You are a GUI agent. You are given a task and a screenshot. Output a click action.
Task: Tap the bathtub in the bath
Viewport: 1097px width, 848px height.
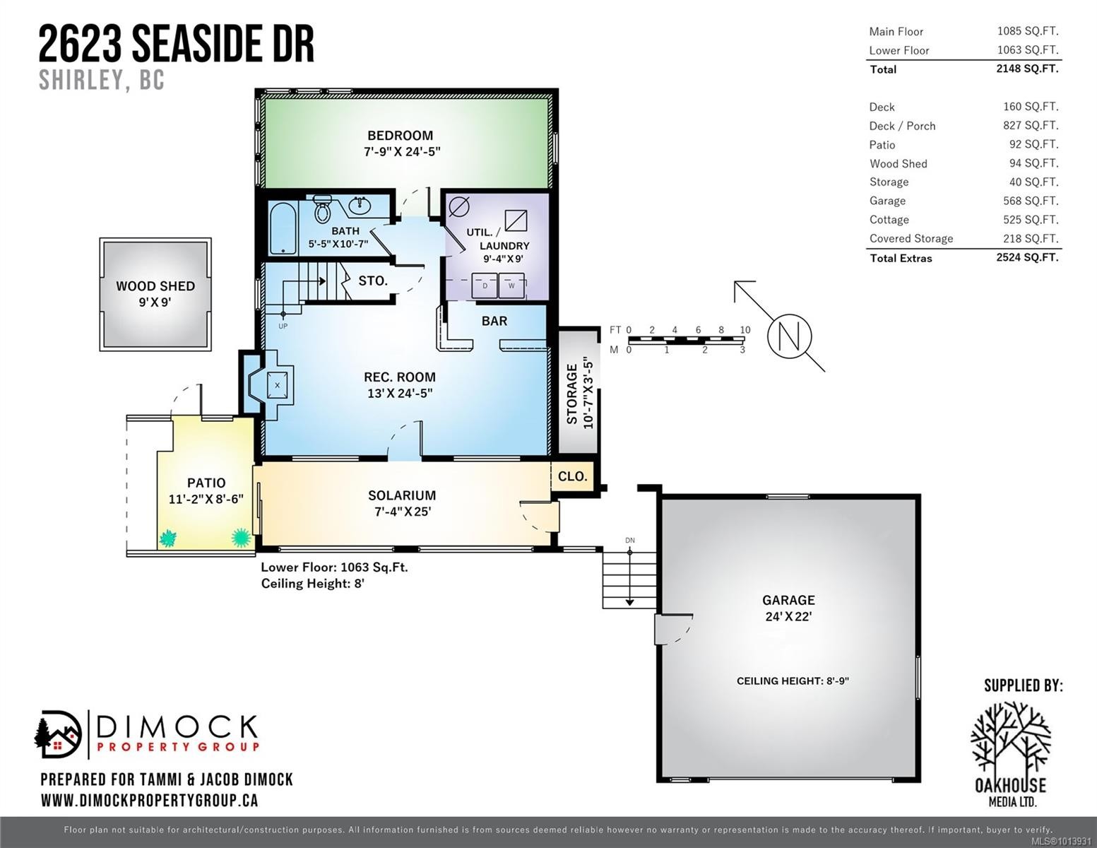pos(283,228)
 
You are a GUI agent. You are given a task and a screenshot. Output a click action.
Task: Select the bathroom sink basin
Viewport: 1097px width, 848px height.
pos(362,206)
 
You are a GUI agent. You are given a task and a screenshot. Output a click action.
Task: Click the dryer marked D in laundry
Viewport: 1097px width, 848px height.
pos(485,286)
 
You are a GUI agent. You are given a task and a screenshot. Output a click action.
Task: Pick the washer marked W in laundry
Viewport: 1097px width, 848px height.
pos(511,286)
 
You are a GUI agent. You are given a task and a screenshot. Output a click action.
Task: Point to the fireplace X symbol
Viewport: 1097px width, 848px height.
pos(277,385)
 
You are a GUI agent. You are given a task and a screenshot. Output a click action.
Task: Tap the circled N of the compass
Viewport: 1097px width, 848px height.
pos(790,336)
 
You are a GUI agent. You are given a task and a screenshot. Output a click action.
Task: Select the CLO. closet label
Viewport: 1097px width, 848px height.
pos(572,476)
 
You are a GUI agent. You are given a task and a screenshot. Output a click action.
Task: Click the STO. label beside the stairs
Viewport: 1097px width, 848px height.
pos(372,281)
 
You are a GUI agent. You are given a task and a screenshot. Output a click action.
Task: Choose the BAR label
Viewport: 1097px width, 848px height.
pos(494,321)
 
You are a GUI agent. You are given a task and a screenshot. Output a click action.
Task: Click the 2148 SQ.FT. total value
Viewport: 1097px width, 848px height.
pos(1027,69)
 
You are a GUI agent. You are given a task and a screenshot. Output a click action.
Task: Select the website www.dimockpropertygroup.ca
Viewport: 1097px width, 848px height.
pos(149,801)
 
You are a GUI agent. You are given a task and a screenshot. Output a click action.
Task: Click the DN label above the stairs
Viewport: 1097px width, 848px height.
pos(629,541)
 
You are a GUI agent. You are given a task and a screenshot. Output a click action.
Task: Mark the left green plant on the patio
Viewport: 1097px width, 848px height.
pos(167,539)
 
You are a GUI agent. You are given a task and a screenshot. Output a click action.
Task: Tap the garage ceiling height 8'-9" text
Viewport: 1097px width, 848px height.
pos(793,681)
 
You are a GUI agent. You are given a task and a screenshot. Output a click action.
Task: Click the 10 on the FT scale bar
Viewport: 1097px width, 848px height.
pos(745,330)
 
